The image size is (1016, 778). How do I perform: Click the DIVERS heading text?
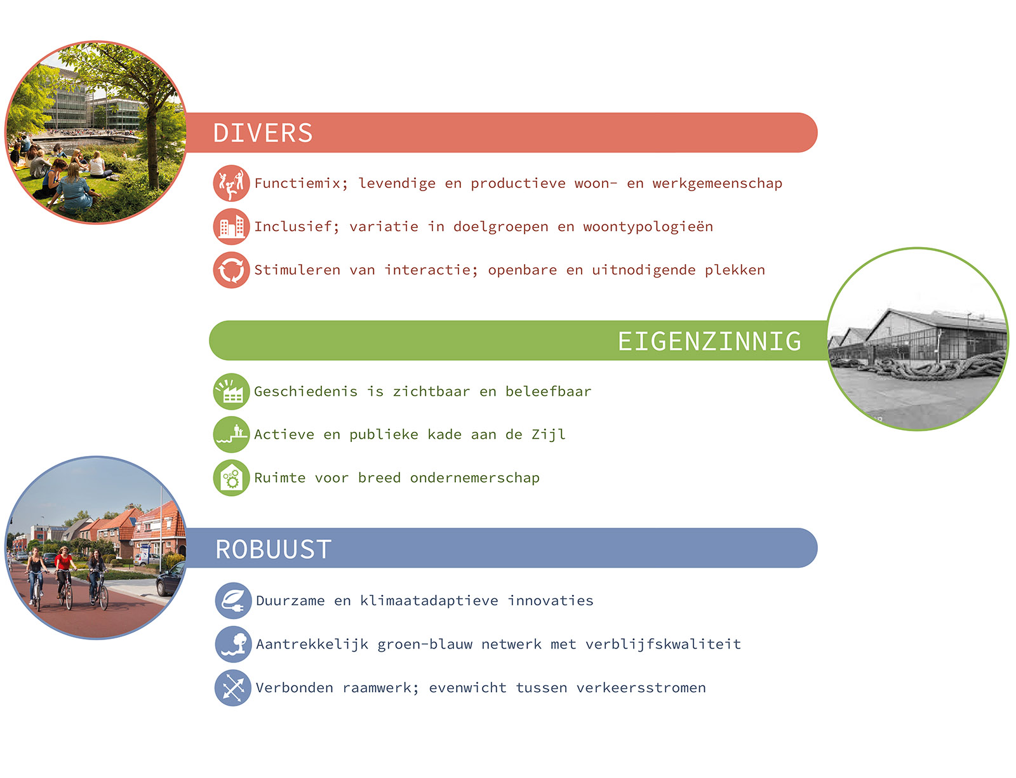pos(263,133)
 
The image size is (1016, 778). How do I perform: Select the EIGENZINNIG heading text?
pos(709,341)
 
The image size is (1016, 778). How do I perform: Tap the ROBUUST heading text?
pos(274,549)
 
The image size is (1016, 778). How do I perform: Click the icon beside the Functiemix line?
pos(231,183)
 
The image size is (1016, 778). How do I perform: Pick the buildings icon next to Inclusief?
pos(231,227)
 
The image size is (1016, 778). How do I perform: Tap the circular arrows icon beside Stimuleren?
pos(231,270)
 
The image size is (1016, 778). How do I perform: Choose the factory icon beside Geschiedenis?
pos(231,391)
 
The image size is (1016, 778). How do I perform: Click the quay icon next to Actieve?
pos(231,434)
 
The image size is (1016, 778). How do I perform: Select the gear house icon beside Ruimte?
pos(231,478)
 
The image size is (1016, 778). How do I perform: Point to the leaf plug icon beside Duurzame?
pos(233,600)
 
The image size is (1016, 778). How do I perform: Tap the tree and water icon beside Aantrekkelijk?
pos(233,644)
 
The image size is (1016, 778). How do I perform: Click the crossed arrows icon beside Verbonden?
pos(233,688)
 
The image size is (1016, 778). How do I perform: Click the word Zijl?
pos(549,435)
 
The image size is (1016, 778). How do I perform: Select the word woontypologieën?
pos(648,227)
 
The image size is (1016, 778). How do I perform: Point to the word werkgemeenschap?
pos(717,184)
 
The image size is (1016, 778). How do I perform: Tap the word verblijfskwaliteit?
pos(663,644)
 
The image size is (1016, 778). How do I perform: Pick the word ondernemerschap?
pos(474,478)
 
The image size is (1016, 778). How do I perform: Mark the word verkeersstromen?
pos(641,688)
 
